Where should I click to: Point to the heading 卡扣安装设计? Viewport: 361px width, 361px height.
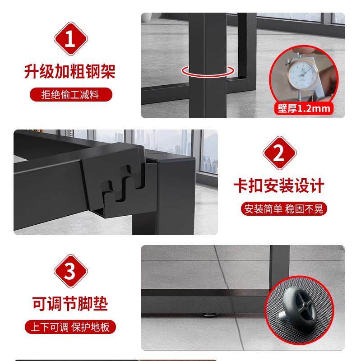point(279,185)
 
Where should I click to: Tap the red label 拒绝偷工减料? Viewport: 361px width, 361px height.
point(71,95)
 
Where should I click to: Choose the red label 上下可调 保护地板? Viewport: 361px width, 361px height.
point(70,326)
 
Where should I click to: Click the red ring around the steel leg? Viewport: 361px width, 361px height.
point(208,71)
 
